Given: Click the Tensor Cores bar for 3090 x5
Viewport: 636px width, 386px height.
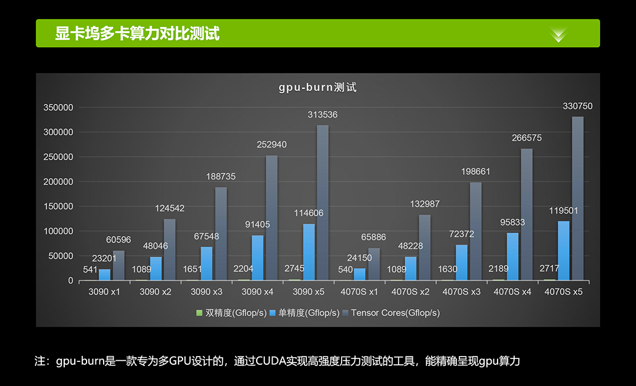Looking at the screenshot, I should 323,202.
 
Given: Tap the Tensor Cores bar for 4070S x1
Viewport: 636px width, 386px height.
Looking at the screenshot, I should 374,264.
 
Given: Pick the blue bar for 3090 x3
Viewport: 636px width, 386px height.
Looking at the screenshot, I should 206,263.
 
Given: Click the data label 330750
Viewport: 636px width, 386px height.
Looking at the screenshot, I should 578,107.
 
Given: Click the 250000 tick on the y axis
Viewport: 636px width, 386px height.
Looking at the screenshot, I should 58,157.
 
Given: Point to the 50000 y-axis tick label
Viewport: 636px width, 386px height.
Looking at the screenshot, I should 61,256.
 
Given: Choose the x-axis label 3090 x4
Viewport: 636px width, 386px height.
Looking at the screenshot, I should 257,292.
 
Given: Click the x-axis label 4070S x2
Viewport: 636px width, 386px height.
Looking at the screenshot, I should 410,292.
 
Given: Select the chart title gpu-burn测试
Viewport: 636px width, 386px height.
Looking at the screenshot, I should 318,88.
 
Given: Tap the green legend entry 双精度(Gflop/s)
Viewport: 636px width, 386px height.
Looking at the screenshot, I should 231,313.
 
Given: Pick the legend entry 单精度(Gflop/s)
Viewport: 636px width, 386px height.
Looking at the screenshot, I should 304,313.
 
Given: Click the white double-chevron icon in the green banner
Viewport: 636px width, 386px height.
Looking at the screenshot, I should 558,34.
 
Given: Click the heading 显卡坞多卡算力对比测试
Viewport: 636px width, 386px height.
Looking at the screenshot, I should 137,33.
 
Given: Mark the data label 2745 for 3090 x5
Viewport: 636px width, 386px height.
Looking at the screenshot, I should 294,269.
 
